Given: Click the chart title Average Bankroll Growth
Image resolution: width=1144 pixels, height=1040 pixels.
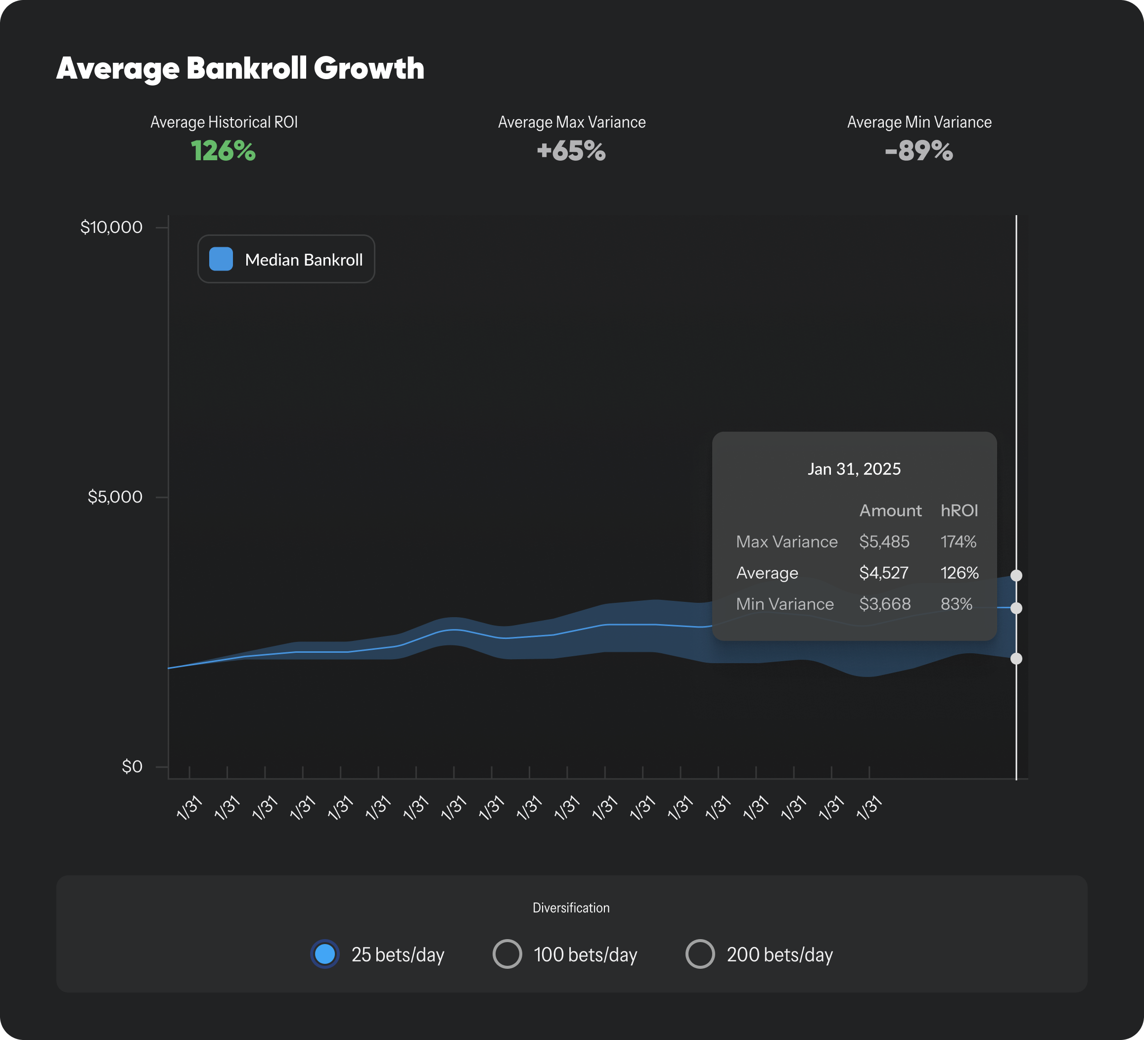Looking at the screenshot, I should point(240,68).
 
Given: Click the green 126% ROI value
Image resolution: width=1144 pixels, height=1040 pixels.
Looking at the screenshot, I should point(223,151).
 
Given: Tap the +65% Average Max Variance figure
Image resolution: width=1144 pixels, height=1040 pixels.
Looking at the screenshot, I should point(571,151).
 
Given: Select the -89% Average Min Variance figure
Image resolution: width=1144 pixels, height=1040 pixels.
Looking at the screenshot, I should point(919,151).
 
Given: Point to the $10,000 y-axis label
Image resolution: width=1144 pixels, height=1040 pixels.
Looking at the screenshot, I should point(111,227).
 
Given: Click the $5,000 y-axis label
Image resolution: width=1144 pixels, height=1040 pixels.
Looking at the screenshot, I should point(115,497).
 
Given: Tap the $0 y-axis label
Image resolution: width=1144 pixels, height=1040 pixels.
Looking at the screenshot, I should point(132,767).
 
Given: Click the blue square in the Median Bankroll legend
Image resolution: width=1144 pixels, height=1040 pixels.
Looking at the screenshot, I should point(221,259).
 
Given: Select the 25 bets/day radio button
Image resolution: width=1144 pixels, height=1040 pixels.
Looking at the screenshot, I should point(324,954).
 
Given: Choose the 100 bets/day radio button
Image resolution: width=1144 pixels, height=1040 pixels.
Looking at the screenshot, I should point(507,954).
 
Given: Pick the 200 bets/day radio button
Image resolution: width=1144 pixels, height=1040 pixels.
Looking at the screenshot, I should point(700,954).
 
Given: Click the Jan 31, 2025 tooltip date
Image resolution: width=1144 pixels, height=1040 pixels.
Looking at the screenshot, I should point(854,469).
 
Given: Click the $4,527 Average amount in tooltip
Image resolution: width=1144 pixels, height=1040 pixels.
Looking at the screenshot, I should point(883,573).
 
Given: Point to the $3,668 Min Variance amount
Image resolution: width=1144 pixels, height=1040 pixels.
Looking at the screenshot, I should point(884,604).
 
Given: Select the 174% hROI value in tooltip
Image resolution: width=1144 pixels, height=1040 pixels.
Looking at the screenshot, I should point(958,542).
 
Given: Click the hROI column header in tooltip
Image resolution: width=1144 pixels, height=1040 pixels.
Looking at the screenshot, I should point(959,511).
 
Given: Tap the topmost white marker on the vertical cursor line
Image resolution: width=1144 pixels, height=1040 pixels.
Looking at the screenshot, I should point(1016,575).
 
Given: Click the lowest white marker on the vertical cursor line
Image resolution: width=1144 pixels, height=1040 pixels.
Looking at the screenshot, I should point(1016,658).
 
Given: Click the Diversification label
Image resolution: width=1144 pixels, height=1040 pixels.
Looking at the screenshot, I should point(571,908).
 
